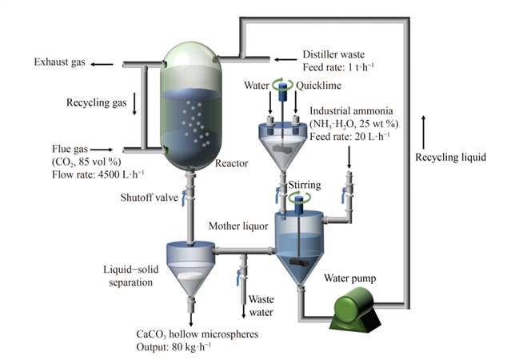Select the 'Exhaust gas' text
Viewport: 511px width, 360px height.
point(58,63)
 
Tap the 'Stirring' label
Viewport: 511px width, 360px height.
point(304,186)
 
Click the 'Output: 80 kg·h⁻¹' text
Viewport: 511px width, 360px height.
point(176,346)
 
